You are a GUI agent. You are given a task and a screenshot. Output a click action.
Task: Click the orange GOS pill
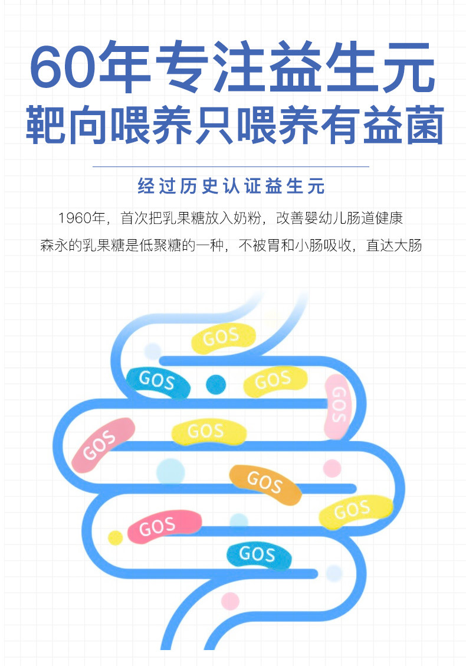265,484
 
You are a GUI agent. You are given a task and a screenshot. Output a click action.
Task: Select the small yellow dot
116,537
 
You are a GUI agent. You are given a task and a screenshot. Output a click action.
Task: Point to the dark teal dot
216,384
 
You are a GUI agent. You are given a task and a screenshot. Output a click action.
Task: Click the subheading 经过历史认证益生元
231,187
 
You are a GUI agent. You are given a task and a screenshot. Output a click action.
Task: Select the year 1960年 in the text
82,218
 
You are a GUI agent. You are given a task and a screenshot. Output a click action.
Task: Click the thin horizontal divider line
231,167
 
